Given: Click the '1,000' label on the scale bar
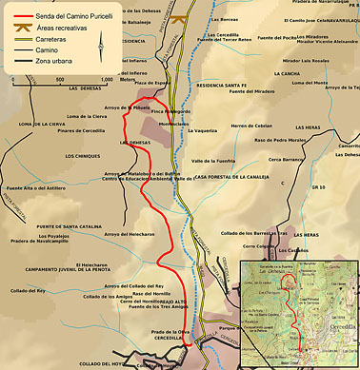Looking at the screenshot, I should click(106, 80).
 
